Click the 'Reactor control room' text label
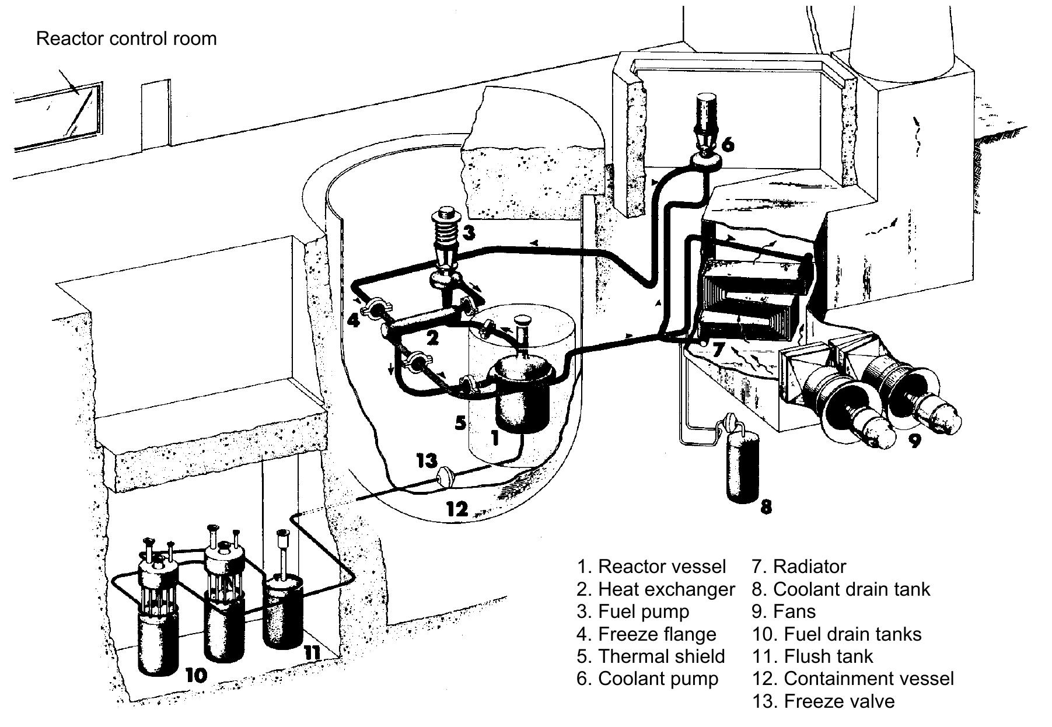coord(126,39)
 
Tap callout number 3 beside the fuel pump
coord(468,233)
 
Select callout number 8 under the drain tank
coord(766,505)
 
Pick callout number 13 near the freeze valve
coord(427,460)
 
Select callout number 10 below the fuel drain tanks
coord(195,675)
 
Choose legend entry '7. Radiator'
coord(799,566)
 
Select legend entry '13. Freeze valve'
coord(823,701)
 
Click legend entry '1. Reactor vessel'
coord(651,566)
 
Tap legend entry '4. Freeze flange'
coord(646,634)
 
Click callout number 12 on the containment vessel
coord(457,509)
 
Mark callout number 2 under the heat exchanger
coord(432,337)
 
